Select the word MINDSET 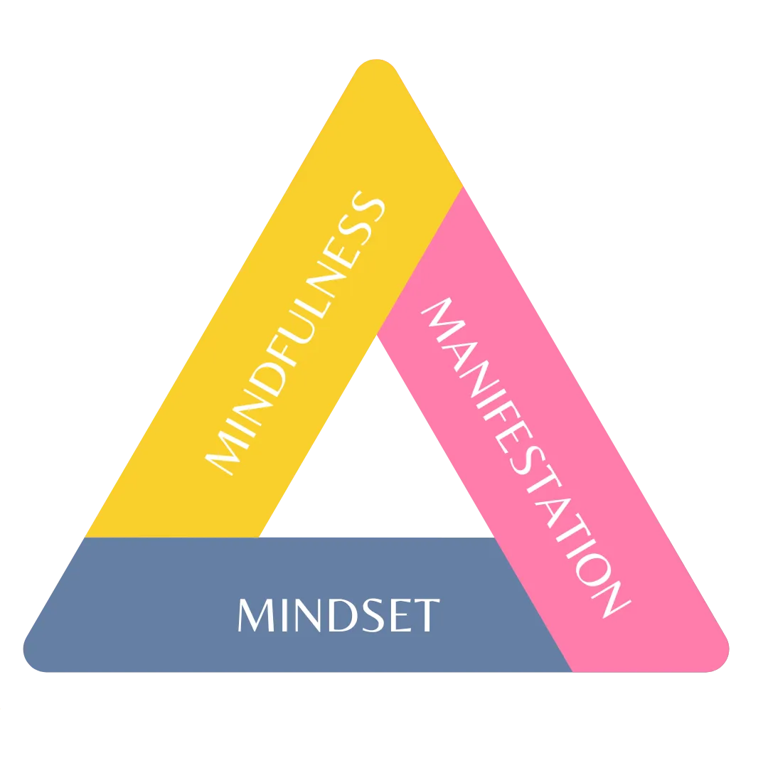[338, 616]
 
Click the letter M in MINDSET [254, 616]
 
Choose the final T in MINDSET [425, 616]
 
